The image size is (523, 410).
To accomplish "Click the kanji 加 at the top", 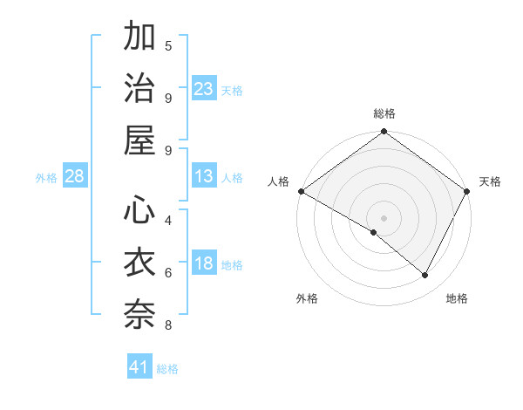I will [140, 38].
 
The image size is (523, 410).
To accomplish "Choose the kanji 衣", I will [140, 262].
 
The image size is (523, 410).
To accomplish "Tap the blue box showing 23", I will [204, 88].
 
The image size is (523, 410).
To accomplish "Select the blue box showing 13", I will [204, 176].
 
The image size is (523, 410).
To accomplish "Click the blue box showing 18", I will [204, 264].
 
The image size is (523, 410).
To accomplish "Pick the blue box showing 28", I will [75, 176].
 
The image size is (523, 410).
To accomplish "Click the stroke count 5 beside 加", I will [168, 45].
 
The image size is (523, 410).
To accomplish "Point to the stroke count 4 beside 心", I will [168, 219].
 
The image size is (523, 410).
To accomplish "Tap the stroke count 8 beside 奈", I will [168, 325].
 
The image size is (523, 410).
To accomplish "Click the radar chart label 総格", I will [384, 113].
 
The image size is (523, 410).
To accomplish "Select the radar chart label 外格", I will [307, 298].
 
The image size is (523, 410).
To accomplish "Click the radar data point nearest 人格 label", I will [301, 191].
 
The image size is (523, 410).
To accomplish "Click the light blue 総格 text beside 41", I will [168, 369].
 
